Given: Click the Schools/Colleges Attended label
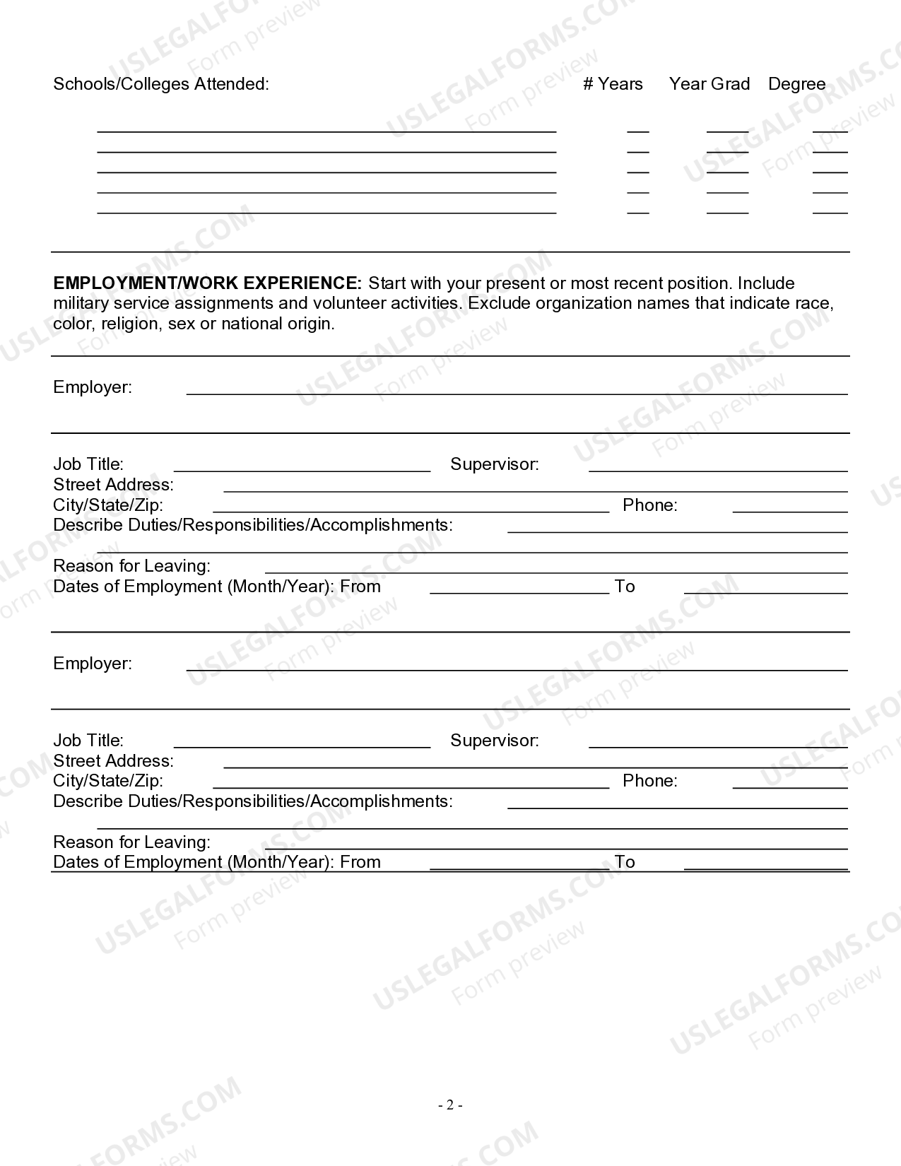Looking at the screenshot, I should pos(161,84).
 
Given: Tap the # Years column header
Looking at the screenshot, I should pos(613,84).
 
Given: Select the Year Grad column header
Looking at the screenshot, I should pos(709,84).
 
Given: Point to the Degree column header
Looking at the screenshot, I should pos(796,84).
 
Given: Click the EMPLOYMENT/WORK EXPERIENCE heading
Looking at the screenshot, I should pos(207,283).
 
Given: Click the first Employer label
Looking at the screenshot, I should pos(93,387).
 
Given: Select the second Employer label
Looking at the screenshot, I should pos(93,664).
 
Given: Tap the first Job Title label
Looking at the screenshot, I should pos(88,464).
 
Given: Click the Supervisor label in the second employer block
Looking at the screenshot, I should pos(494,741).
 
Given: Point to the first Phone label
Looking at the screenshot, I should pos(649,505).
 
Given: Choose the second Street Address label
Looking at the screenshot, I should pos(113,761).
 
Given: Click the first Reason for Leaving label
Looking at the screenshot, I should pos(131,566).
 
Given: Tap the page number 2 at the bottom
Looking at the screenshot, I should pos(450,1105).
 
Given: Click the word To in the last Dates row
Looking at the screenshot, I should pos(625,862).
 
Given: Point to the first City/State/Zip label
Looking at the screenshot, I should pos(108,505).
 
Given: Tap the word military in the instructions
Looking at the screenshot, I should pos(81,304).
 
